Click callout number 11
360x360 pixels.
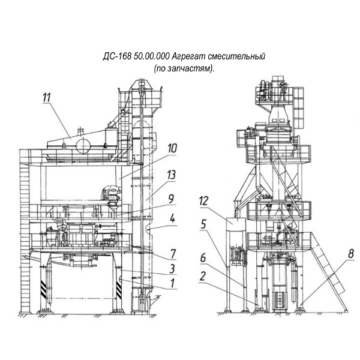click(x=47, y=98)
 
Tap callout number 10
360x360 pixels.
click(x=172, y=149)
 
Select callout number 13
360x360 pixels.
click(x=171, y=175)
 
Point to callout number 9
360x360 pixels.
click(x=171, y=199)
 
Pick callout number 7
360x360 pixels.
click(x=173, y=254)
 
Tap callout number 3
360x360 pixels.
click(x=172, y=269)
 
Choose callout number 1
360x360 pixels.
click(x=172, y=283)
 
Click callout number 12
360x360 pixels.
click(x=203, y=201)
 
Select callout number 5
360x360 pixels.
click(x=203, y=224)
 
